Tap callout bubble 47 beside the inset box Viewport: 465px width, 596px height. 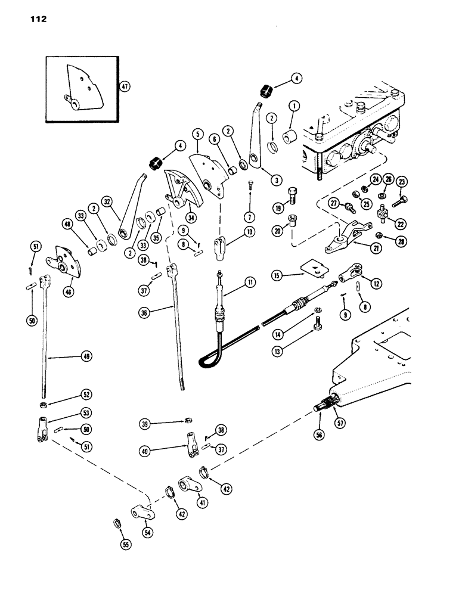125,86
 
